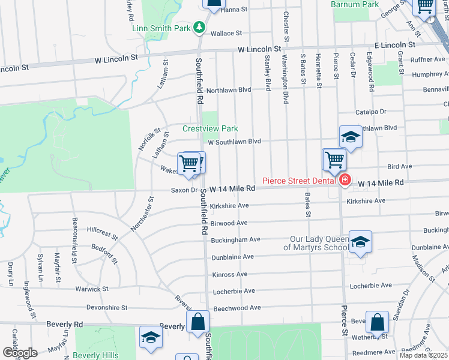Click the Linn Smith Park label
pyautogui.click(x=161, y=28)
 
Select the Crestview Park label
pyautogui.click(x=210, y=128)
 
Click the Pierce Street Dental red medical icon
pyautogui.click(x=345, y=181)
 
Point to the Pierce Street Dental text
pyautogui.click(x=300, y=181)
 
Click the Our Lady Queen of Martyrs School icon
pyautogui.click(x=360, y=242)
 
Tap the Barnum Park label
pyautogui.click(x=355, y=4)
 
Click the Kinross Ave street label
pyautogui.click(x=229, y=274)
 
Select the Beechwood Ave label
pyautogui.click(x=237, y=308)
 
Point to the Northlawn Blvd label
pyautogui.click(x=228, y=90)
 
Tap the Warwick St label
pyautogui.click(x=92, y=289)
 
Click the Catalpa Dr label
pyautogui.click(x=371, y=112)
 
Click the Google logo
pyautogui.click(x=19, y=353)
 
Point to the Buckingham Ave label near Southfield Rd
pyautogui.click(x=235, y=239)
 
